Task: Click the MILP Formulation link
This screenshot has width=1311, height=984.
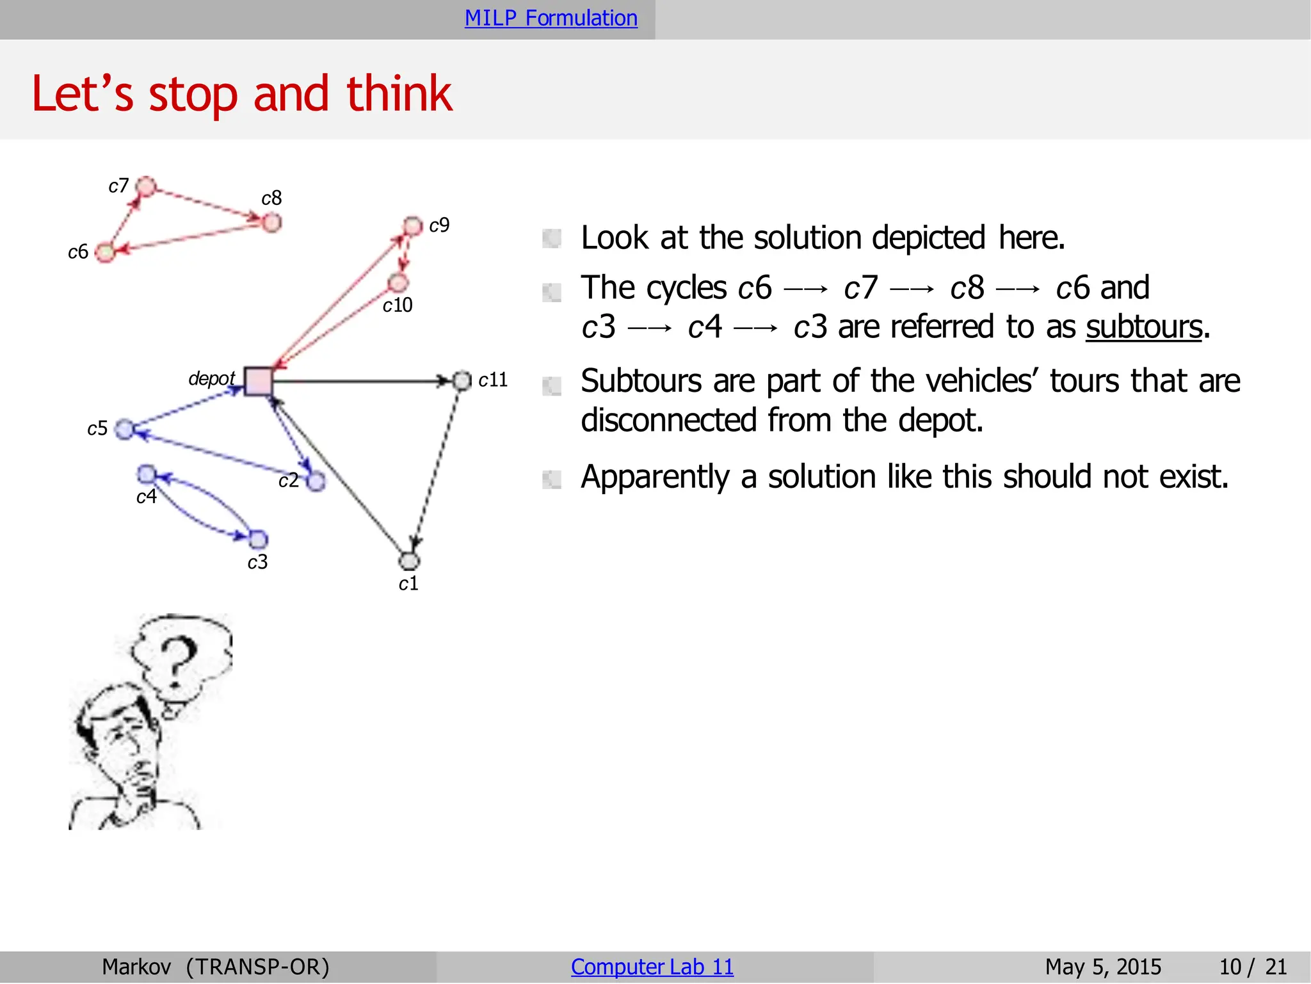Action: coord(551,18)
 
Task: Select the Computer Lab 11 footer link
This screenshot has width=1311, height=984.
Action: coord(652,967)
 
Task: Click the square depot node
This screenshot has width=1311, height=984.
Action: coord(258,382)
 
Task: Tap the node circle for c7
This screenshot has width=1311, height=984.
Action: coord(147,186)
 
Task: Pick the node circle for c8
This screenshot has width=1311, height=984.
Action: coord(272,223)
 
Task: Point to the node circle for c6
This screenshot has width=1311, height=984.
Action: coord(105,252)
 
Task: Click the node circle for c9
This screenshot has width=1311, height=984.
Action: coord(413,226)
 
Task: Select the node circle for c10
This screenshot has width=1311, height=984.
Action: coord(398,282)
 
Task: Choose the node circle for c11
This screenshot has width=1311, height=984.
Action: coord(462,381)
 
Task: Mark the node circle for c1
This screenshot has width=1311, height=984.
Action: coord(409,561)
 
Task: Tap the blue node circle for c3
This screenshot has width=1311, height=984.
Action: coord(258,539)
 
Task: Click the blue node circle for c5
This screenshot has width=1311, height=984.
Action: coord(124,429)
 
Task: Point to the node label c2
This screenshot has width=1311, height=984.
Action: coord(289,480)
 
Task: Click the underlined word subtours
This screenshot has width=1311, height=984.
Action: coord(1143,327)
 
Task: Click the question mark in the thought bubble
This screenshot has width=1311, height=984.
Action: coord(177,659)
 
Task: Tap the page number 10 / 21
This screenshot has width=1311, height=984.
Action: coord(1252,967)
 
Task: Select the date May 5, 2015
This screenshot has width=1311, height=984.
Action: coord(1103,967)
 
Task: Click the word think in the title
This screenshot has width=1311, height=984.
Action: coord(399,94)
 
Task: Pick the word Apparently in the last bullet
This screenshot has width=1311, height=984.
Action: coord(654,477)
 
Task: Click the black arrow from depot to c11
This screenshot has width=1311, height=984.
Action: coord(358,382)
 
